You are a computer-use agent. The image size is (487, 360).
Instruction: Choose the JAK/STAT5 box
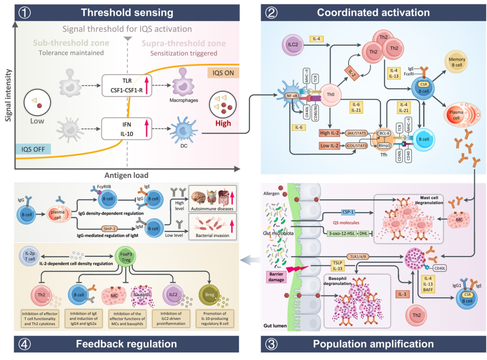357,133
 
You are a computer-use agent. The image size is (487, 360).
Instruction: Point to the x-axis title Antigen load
125,175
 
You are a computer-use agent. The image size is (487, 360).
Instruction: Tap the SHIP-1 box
112,228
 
